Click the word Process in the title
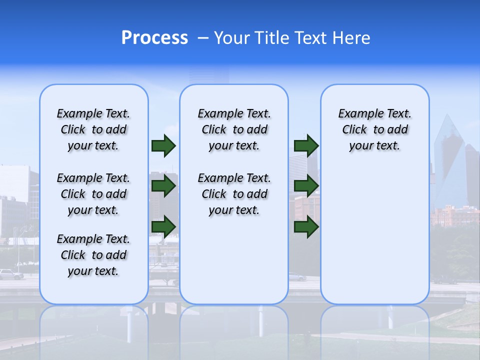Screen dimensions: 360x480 click(x=154, y=38)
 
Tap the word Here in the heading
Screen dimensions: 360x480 click(x=353, y=38)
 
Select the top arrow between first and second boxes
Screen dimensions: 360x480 click(x=163, y=145)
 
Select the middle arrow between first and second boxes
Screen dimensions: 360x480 click(x=163, y=186)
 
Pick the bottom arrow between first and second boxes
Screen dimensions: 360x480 click(x=163, y=227)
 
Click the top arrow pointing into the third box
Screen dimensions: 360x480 click(x=306, y=145)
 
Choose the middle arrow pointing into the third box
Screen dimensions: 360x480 click(x=306, y=186)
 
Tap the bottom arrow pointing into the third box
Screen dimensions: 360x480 click(x=306, y=227)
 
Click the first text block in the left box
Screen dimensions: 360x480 click(x=93, y=129)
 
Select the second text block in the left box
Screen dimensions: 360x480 click(x=93, y=194)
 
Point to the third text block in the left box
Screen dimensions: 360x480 click(x=93, y=255)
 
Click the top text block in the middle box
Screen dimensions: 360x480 click(x=234, y=129)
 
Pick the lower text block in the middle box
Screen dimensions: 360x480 click(x=234, y=194)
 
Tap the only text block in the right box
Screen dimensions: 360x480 click(x=374, y=129)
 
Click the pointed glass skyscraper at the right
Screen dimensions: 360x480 click(x=448, y=160)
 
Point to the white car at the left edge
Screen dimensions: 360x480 click(x=11, y=274)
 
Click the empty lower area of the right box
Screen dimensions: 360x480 click(x=374, y=235)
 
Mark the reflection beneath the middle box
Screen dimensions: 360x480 click(x=234, y=325)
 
